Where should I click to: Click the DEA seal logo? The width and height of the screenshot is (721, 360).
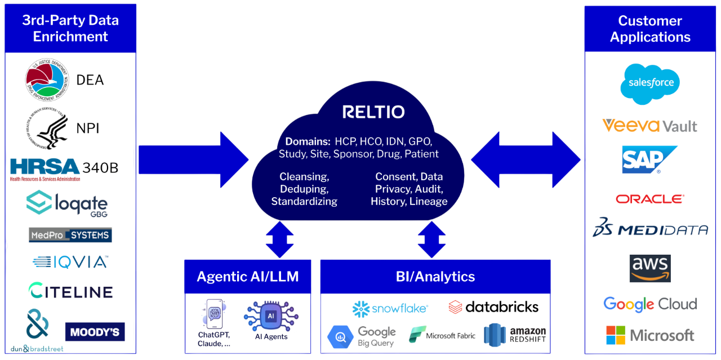(47, 81)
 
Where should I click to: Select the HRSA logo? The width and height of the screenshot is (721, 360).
(45, 168)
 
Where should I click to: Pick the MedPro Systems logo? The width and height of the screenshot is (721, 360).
(70, 235)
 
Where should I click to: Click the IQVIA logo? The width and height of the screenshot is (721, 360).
(70, 262)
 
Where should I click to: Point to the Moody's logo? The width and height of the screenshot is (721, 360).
(95, 332)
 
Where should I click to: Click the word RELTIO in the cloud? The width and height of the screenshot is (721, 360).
(373, 112)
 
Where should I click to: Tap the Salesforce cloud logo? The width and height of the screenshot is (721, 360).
(650, 83)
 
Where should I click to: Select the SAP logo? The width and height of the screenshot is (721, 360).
(648, 159)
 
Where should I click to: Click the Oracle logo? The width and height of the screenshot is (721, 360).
(649, 199)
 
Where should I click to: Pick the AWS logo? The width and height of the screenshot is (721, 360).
(650, 268)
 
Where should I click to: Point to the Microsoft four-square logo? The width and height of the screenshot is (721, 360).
(616, 335)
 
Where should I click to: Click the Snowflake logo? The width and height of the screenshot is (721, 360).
(390, 308)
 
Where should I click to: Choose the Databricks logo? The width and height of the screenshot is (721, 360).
(493, 307)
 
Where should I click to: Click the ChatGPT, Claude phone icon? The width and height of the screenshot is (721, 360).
(213, 314)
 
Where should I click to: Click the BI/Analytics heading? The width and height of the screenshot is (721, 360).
(435, 277)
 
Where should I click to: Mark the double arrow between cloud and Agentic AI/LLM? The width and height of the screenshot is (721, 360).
(280, 239)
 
